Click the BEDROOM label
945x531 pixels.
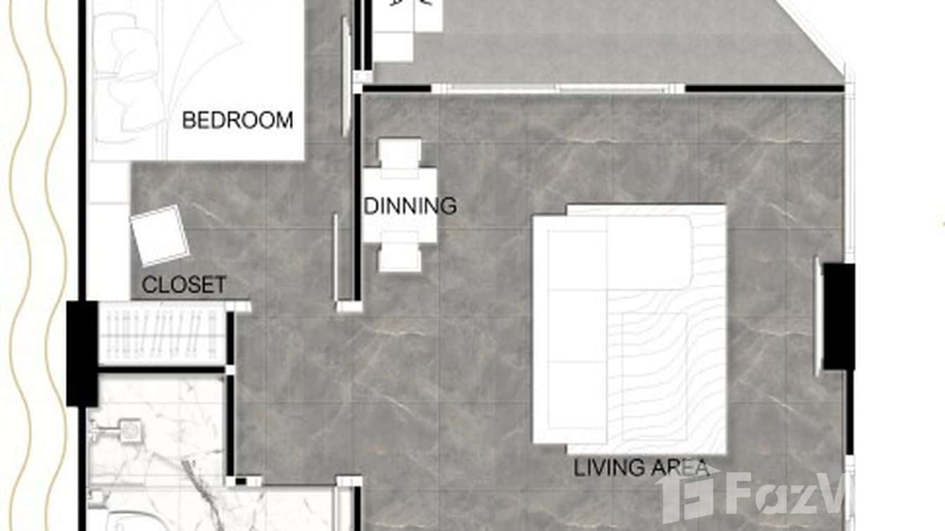237,120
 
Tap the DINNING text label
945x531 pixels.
410,206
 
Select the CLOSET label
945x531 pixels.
184,285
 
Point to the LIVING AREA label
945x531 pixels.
640,468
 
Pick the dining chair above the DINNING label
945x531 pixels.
399,153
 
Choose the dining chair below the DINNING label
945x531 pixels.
399,256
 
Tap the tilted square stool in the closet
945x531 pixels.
160,235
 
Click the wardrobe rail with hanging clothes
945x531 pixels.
162,335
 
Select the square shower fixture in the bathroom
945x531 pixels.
128,430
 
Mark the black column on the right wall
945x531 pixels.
839,316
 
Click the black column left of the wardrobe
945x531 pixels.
82,353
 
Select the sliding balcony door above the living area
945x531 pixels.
556,89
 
